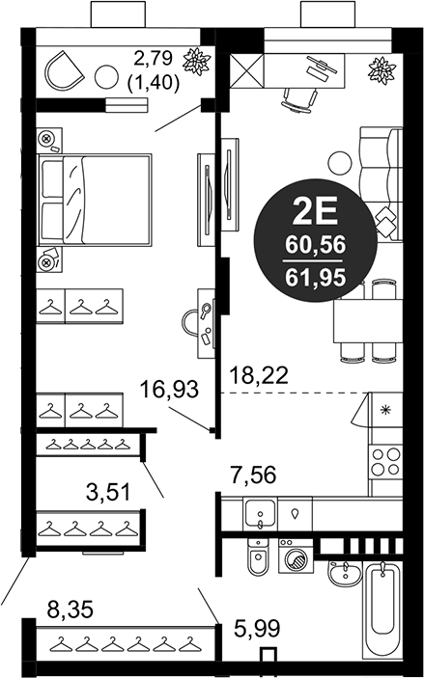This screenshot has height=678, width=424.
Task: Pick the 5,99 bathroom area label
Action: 258,630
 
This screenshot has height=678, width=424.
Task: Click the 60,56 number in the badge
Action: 311,247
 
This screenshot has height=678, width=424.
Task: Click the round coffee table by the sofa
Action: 338,162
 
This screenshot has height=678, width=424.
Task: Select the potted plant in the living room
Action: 381,70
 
